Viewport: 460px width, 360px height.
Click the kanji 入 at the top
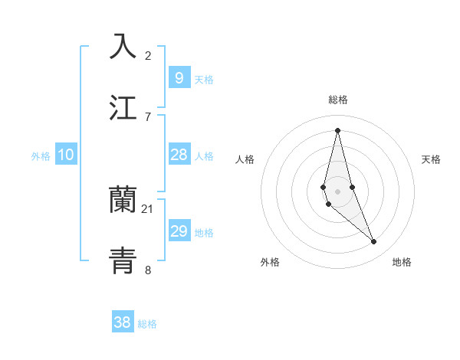(x=123, y=46)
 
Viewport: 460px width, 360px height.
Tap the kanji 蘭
(x=123, y=200)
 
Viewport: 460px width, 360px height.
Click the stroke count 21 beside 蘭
(x=148, y=209)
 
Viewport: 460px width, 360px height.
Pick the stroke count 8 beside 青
(x=148, y=270)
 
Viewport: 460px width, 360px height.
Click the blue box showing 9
(x=179, y=77)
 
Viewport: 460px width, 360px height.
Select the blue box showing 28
(x=179, y=155)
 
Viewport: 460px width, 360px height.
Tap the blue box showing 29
(x=179, y=231)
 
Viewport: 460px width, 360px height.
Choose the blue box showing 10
(x=66, y=155)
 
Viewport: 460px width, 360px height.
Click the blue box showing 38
(x=123, y=322)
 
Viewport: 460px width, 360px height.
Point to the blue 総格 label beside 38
(x=147, y=324)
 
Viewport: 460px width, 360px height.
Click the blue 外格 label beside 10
(x=41, y=156)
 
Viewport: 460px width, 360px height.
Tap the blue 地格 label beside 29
(x=204, y=233)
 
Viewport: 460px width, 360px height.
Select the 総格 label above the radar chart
(x=337, y=100)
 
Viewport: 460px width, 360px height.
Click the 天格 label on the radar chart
(x=432, y=159)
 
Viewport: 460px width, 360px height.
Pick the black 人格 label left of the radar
(x=245, y=159)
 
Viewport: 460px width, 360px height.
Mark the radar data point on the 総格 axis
(x=337, y=130)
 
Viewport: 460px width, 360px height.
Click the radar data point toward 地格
(x=374, y=242)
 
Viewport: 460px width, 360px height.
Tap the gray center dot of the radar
(x=337, y=191)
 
